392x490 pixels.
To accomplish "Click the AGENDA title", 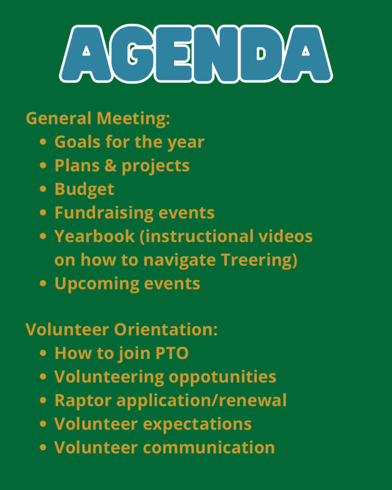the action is (x=196, y=54).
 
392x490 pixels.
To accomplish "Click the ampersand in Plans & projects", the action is (x=111, y=165).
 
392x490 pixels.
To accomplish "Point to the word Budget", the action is (x=84, y=189).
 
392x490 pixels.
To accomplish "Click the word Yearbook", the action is (x=94, y=236).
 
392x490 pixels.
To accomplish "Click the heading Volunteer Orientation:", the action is (x=122, y=329).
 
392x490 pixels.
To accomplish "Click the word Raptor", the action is (x=83, y=401).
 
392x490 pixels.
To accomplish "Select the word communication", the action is (x=209, y=447).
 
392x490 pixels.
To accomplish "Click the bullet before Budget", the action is (x=43, y=189).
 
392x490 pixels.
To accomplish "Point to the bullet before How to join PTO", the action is (x=43, y=353).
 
